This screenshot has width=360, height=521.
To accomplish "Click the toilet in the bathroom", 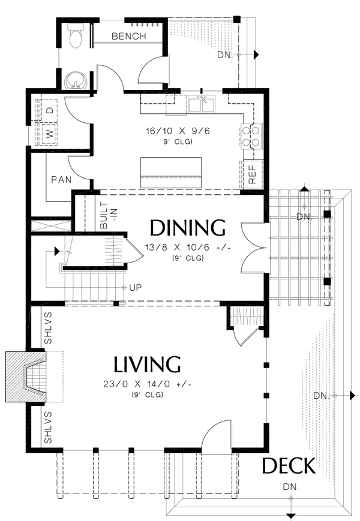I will point(76,37).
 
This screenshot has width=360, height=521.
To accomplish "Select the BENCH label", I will point(128,37).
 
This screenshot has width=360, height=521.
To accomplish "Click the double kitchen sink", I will point(202,105).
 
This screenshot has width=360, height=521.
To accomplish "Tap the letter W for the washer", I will point(50,134).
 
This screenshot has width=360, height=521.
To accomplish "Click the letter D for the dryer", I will point(50,111).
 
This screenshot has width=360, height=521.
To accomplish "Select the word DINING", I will point(187,228).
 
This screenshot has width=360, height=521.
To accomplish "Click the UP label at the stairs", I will point(136,288).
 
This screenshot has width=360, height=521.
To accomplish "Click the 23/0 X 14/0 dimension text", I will point(147,384).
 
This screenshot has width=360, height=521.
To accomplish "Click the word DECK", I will point(288,466).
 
